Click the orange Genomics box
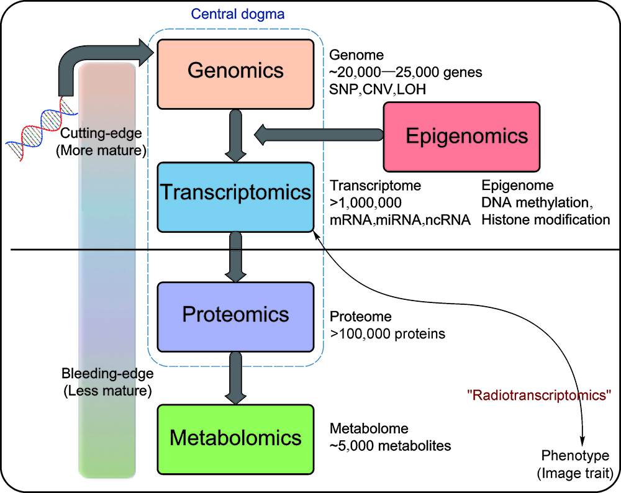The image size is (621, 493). [x=235, y=73]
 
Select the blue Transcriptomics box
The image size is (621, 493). [x=235, y=196]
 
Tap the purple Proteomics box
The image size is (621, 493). [x=235, y=317]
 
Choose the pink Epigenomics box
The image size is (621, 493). [x=462, y=137]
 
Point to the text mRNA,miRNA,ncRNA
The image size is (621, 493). [x=399, y=219]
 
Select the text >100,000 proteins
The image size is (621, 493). [x=388, y=334]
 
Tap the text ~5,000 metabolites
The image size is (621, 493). [x=390, y=446]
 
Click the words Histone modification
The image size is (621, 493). [x=546, y=219]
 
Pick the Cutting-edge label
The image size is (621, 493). [x=102, y=132]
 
